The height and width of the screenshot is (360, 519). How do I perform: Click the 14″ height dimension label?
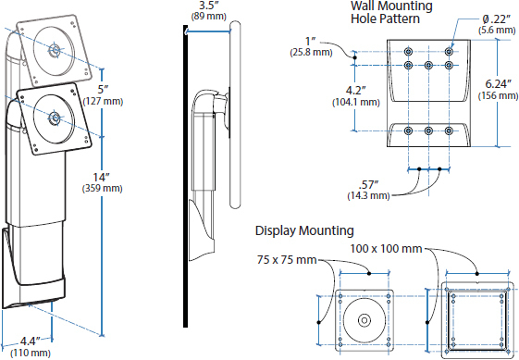click(x=101, y=178)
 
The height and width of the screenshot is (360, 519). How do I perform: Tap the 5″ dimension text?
click(x=104, y=90)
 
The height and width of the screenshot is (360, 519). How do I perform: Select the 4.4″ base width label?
click(x=30, y=341)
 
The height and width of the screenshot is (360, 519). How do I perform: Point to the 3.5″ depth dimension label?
click(x=208, y=6)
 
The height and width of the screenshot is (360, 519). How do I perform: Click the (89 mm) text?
click(x=208, y=17)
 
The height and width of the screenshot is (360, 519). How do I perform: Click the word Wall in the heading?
click(x=365, y=6)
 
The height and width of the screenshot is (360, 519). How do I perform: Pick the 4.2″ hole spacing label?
click(x=356, y=91)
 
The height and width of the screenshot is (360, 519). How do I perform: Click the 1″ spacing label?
click(x=311, y=42)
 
